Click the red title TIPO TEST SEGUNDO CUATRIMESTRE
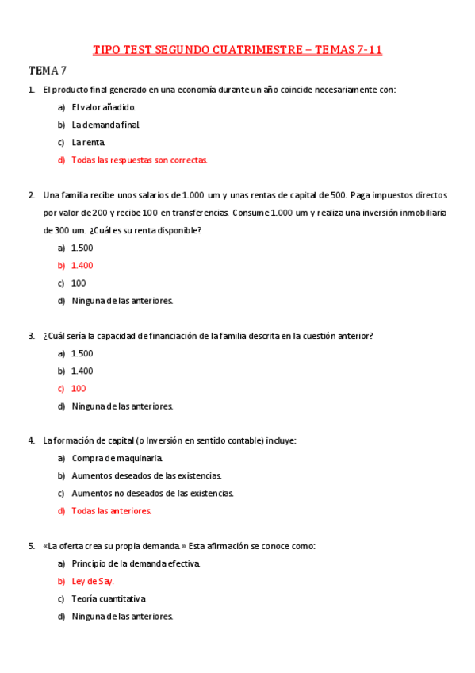pyautogui.click(x=237, y=49)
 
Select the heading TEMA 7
pyautogui.click(x=48, y=70)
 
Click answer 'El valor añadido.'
pyautogui.click(x=104, y=107)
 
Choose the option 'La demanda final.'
pyautogui.click(x=105, y=125)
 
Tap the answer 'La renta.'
pyautogui.click(x=88, y=142)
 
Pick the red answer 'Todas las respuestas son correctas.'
pyautogui.click(x=140, y=160)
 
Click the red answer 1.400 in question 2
pyautogui.click(x=82, y=265)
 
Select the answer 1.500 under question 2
pyautogui.click(x=82, y=248)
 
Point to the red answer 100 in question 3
pyautogui.click(x=79, y=388)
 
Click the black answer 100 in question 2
pyautogui.click(x=79, y=283)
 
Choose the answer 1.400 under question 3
pyautogui.click(x=82, y=371)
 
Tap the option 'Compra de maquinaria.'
pyautogui.click(x=117, y=458)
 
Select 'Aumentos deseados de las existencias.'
pyautogui.click(x=147, y=475)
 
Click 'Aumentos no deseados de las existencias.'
pyautogui.click(x=153, y=493)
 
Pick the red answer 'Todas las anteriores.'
pyautogui.click(x=111, y=511)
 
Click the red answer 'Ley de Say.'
pyautogui.click(x=93, y=581)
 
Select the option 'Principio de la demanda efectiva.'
pyautogui.click(x=136, y=563)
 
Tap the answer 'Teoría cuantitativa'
pyautogui.click(x=109, y=598)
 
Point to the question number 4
pyautogui.click(x=31, y=440)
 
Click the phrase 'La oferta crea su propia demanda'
pyautogui.click(x=114, y=546)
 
